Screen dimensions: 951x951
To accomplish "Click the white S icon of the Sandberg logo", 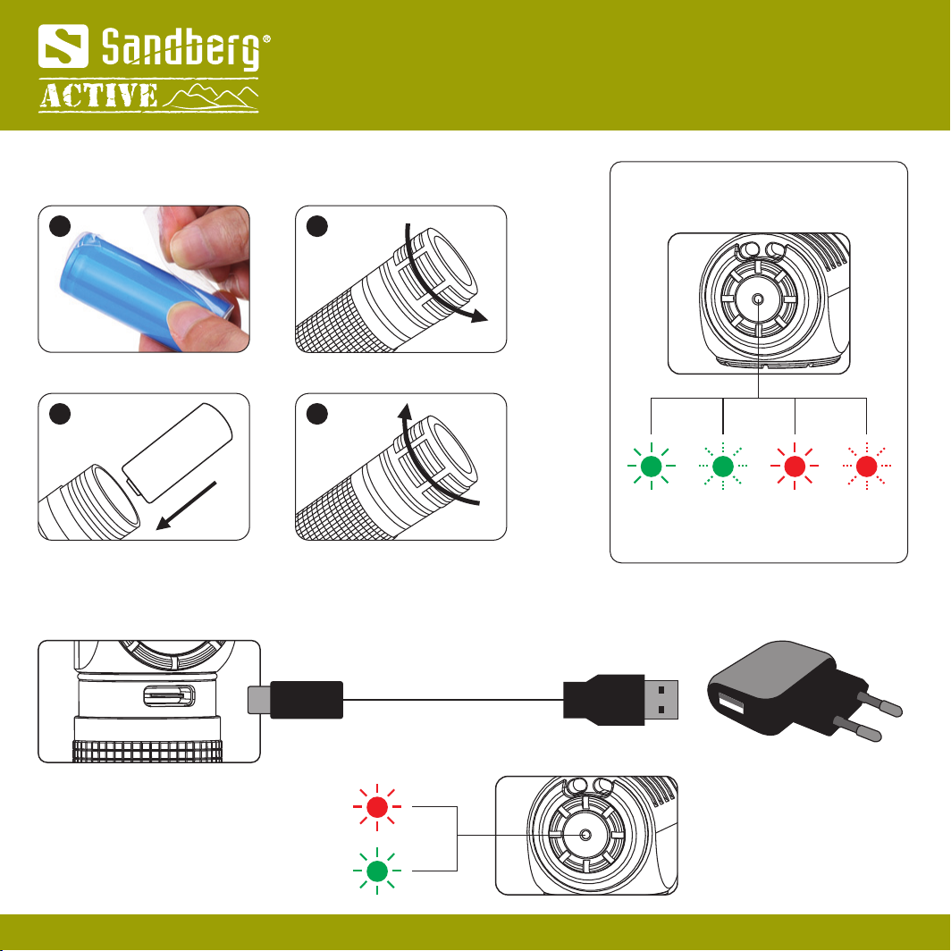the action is pos(63,46).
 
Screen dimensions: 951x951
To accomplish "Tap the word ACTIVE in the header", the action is pos(99,96).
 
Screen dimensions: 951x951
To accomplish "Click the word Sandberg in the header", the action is pos(181,47).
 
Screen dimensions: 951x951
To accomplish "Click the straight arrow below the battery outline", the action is pos(186,505).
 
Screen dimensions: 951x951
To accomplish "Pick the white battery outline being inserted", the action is pos(177,452).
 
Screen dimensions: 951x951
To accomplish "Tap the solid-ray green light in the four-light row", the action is pos(651,466).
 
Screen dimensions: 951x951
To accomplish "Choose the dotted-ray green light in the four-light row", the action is pos(723,466).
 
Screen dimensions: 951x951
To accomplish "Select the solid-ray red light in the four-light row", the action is pos(795,466).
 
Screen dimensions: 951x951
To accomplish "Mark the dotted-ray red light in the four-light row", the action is pos(867,466).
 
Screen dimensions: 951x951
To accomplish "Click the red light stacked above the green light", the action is pos(377,807).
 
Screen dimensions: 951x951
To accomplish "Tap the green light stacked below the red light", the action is pos(377,871).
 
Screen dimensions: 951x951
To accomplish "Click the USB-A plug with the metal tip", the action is pos(620,700).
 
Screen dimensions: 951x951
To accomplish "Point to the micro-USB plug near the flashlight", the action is pos(295,700).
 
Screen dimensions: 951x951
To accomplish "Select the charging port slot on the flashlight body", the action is pos(169,695).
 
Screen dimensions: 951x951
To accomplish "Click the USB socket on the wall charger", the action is pos(732,704).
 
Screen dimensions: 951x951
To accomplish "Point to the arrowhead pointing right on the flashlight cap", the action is pos(479,316).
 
